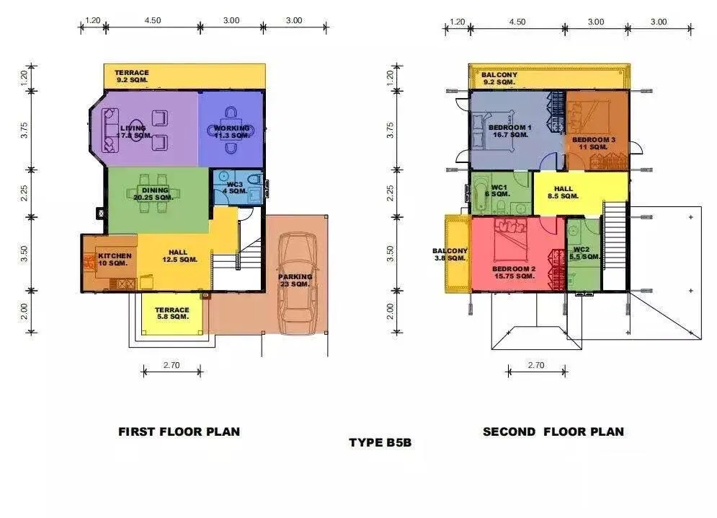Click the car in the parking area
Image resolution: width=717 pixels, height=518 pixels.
tap(297, 284)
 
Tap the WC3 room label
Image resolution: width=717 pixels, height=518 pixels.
tap(235, 188)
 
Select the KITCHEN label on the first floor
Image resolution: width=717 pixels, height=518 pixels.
tap(115, 260)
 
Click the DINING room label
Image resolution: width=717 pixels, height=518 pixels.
tap(153, 194)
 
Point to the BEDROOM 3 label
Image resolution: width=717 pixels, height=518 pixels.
tap(594, 144)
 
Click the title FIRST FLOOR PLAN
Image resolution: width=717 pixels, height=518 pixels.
tap(179, 432)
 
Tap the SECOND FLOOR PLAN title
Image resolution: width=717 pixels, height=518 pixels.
tap(553, 432)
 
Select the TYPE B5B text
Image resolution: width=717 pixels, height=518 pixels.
tap(380, 442)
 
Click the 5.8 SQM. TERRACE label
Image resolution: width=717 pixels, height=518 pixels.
tap(172, 313)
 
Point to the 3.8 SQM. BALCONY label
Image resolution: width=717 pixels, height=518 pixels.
tap(450, 255)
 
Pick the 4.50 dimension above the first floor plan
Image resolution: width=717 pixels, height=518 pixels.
tap(153, 20)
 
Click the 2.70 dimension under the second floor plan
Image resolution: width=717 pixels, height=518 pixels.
tap(536, 365)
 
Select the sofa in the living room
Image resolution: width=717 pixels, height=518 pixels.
tap(110, 131)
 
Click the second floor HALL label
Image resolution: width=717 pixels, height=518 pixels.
tap(564, 193)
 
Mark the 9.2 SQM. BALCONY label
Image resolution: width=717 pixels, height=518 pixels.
tap(499, 79)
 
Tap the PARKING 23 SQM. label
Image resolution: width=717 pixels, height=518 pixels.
tap(295, 281)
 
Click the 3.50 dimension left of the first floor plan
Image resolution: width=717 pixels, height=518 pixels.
tap(25, 253)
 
